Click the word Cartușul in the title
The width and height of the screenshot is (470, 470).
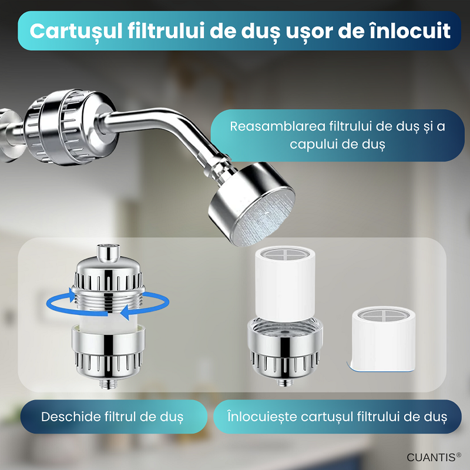click(x=76, y=32)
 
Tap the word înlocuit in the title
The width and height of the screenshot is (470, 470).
click(x=410, y=31)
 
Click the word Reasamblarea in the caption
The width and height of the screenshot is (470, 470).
click(x=277, y=126)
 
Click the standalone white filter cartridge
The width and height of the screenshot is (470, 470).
click(x=384, y=340)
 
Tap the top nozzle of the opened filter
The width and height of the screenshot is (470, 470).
click(x=108, y=253)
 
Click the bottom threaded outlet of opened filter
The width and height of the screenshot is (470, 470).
click(x=108, y=384)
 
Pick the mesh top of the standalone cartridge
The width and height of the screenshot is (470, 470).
click(x=384, y=315)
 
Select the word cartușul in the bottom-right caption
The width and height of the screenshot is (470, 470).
click(x=326, y=417)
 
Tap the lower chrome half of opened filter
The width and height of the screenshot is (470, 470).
click(x=108, y=354)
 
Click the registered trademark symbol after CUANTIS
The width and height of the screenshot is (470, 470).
click(x=459, y=455)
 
